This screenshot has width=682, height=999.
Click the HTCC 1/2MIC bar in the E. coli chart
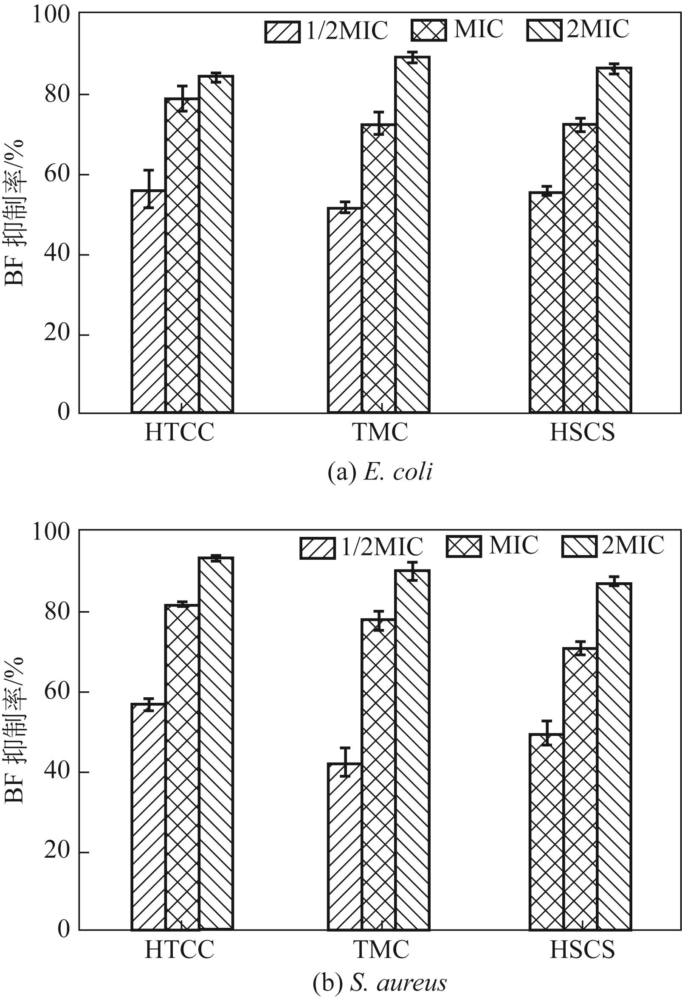pyautogui.click(x=148, y=301)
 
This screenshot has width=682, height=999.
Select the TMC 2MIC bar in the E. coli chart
pyautogui.click(x=412, y=234)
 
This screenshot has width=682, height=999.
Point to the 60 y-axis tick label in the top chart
pyautogui.click(x=57, y=174)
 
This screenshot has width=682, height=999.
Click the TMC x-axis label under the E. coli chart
pyautogui.click(x=380, y=432)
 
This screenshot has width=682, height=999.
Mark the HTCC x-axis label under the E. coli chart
pyautogui.click(x=179, y=432)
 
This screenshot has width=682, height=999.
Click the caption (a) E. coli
pyautogui.click(x=380, y=473)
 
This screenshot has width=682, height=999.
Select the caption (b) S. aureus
pyautogui.click(x=380, y=982)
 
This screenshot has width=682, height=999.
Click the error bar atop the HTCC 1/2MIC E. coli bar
pyautogui.click(x=148, y=189)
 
